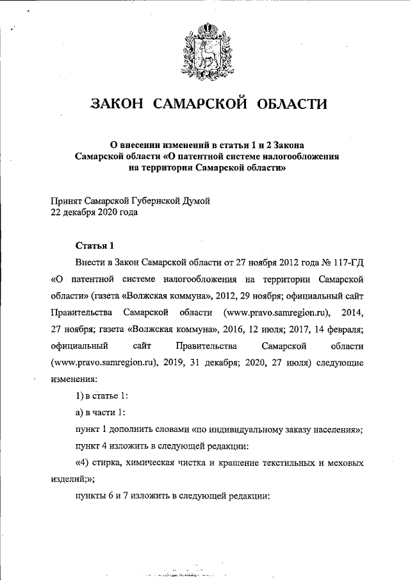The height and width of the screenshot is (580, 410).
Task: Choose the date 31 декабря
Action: pyautogui.click(x=236, y=363)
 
